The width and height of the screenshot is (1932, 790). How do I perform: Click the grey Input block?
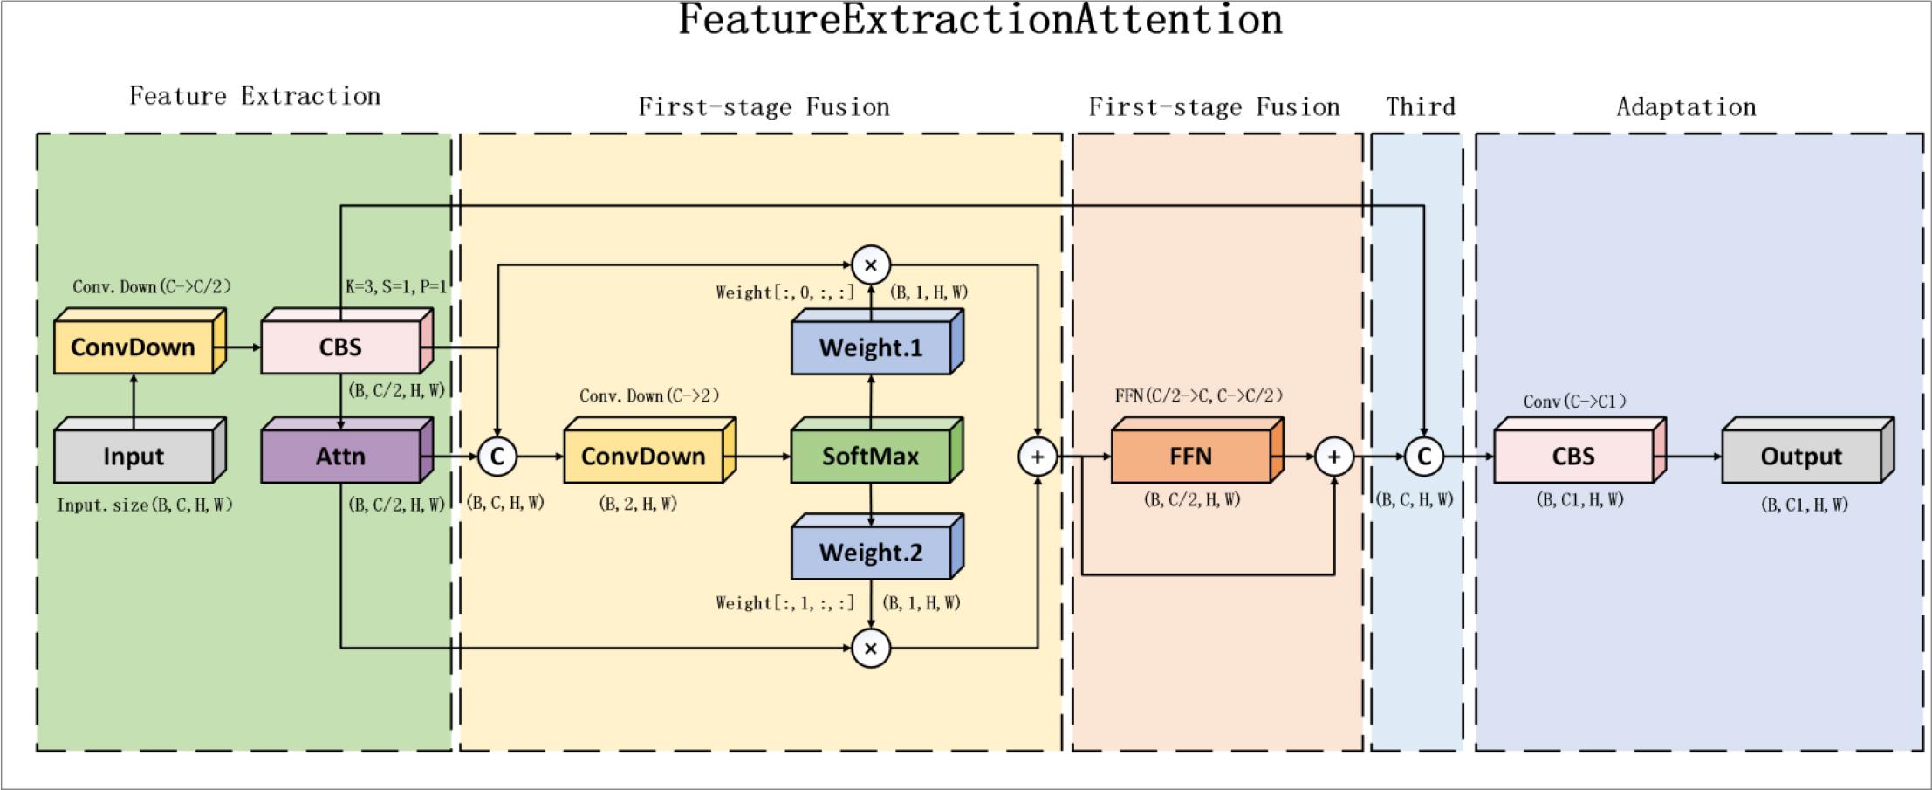(134, 457)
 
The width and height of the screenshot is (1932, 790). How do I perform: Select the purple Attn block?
(340, 457)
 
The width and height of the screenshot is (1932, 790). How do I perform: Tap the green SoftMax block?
(870, 457)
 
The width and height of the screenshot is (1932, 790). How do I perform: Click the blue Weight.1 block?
(870, 348)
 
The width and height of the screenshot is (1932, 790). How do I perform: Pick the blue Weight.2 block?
(870, 553)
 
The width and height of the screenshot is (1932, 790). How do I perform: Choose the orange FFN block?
(1190, 457)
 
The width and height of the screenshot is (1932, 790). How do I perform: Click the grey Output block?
(1800, 457)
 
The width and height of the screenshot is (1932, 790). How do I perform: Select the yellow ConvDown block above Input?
(134, 347)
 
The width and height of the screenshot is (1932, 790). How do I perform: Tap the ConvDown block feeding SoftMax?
(643, 457)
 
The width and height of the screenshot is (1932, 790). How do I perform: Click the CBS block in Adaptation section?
(1572, 457)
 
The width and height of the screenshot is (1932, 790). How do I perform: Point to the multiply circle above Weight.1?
(870, 264)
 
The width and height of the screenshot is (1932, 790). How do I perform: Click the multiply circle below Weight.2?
(870, 649)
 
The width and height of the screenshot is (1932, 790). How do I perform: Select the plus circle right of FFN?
(1333, 457)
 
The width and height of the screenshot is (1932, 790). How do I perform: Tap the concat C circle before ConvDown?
(497, 456)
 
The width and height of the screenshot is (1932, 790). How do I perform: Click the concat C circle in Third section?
(1424, 457)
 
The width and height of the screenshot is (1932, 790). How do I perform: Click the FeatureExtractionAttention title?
(980, 20)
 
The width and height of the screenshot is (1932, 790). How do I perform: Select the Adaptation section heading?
(1686, 107)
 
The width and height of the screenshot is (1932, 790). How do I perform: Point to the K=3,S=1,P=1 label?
(396, 287)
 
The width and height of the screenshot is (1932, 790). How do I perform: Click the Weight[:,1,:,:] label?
(784, 603)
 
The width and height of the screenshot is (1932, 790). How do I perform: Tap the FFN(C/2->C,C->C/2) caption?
(1199, 395)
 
